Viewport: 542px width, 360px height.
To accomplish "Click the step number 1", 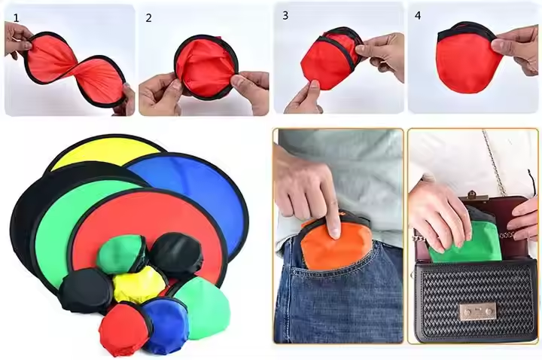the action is (x=16, y=18).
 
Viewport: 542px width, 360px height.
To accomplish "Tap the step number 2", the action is (x=148, y=18).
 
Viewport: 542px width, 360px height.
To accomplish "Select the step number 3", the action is (x=285, y=16).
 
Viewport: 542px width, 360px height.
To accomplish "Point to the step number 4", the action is (x=418, y=16).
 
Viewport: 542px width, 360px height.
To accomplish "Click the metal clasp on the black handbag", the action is (x=478, y=311).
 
